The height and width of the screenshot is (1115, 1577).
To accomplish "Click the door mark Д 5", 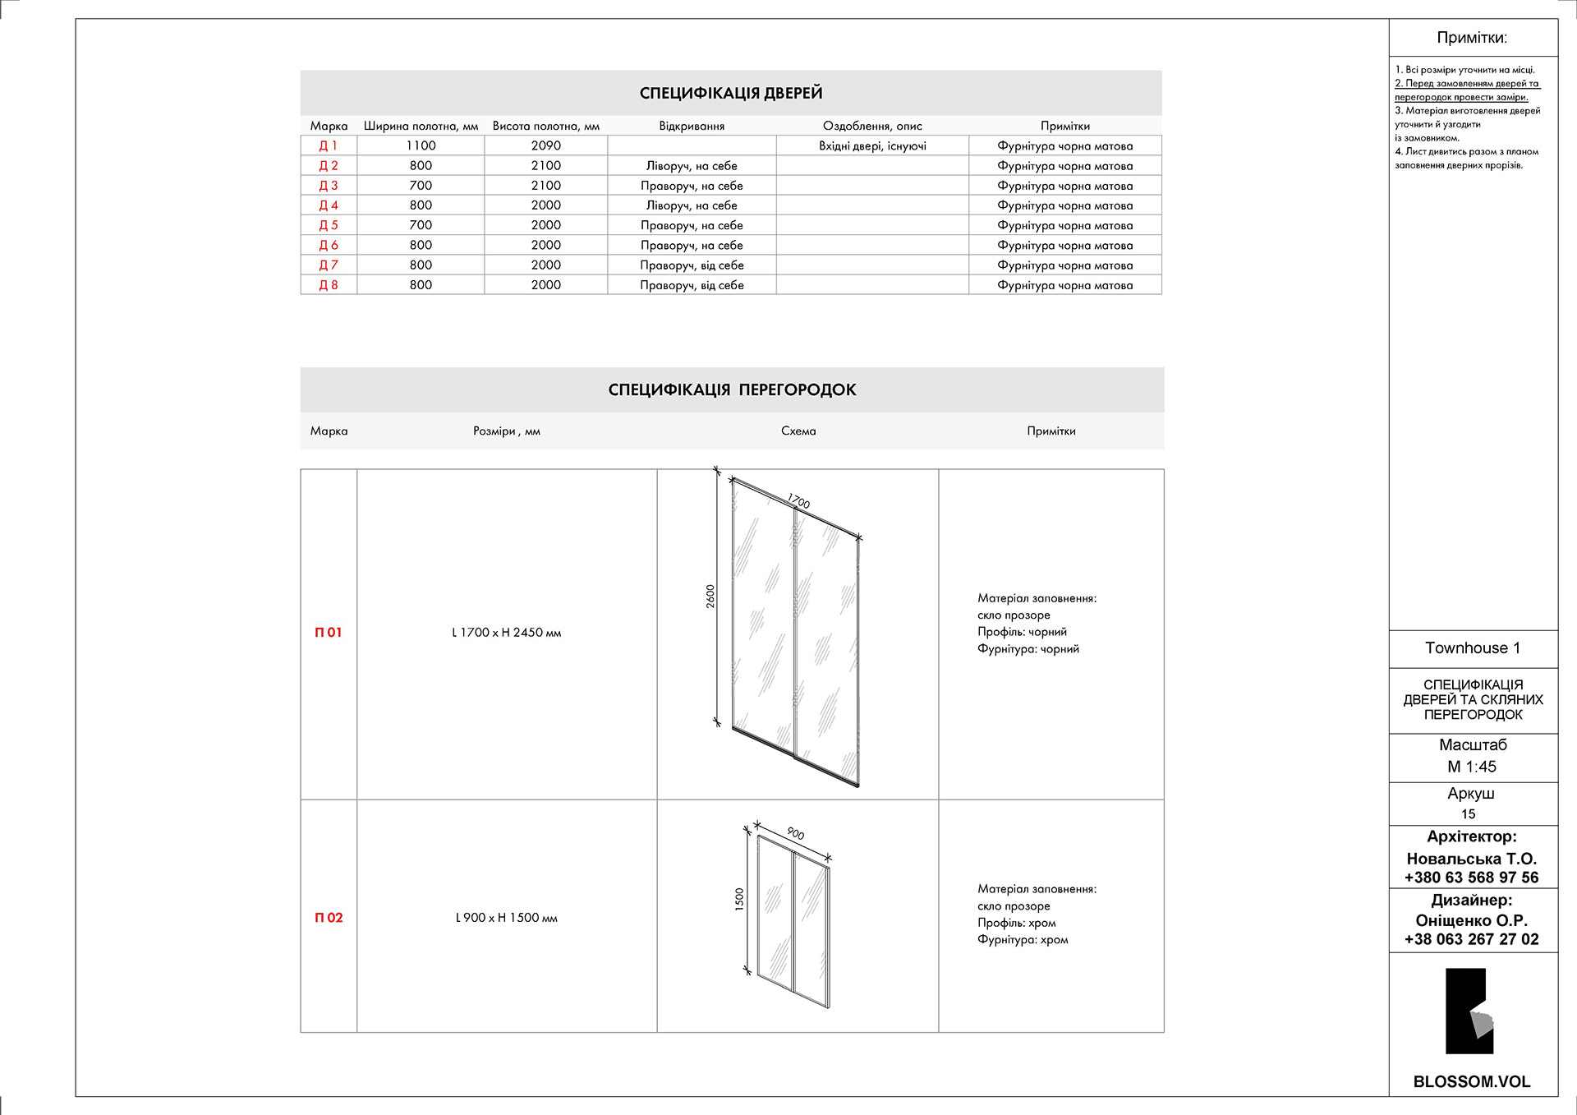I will coord(329,225).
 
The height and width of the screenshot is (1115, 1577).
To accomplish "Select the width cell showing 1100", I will coord(421,145).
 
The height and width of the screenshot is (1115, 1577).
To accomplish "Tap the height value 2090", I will coord(545,145).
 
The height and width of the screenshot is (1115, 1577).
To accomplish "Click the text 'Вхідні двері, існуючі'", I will coord(872,146).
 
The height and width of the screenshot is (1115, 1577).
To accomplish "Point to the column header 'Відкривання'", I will coord(692,126).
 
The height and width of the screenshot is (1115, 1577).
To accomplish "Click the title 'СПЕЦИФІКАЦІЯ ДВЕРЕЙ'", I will coord(731,93).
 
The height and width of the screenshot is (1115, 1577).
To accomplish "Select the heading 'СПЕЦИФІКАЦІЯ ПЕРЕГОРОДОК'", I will coord(732,389).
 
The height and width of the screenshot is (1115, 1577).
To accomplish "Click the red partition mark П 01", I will coord(329,633).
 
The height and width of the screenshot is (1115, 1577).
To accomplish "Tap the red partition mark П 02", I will coord(329,918).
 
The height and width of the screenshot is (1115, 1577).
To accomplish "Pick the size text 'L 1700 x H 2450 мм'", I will coord(507,633).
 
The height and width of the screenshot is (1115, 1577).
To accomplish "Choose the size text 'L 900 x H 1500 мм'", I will coord(507,918).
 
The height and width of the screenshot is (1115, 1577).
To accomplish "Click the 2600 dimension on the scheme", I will coord(710,596).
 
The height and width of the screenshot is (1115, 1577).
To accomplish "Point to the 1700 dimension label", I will coord(798,501).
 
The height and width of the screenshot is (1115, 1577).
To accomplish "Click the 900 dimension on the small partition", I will coord(795,833).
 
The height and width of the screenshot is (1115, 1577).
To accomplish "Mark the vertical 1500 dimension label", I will coord(739,899).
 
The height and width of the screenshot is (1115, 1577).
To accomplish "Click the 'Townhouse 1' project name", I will coord(1473,648).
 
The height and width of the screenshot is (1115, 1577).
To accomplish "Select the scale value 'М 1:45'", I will coord(1472,767).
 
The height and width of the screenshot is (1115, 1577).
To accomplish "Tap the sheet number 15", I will coord(1469,814).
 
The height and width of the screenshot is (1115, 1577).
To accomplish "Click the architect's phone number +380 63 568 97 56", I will coord(1472,878).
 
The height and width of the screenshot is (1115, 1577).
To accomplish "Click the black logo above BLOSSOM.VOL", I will coord(1469,1011).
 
